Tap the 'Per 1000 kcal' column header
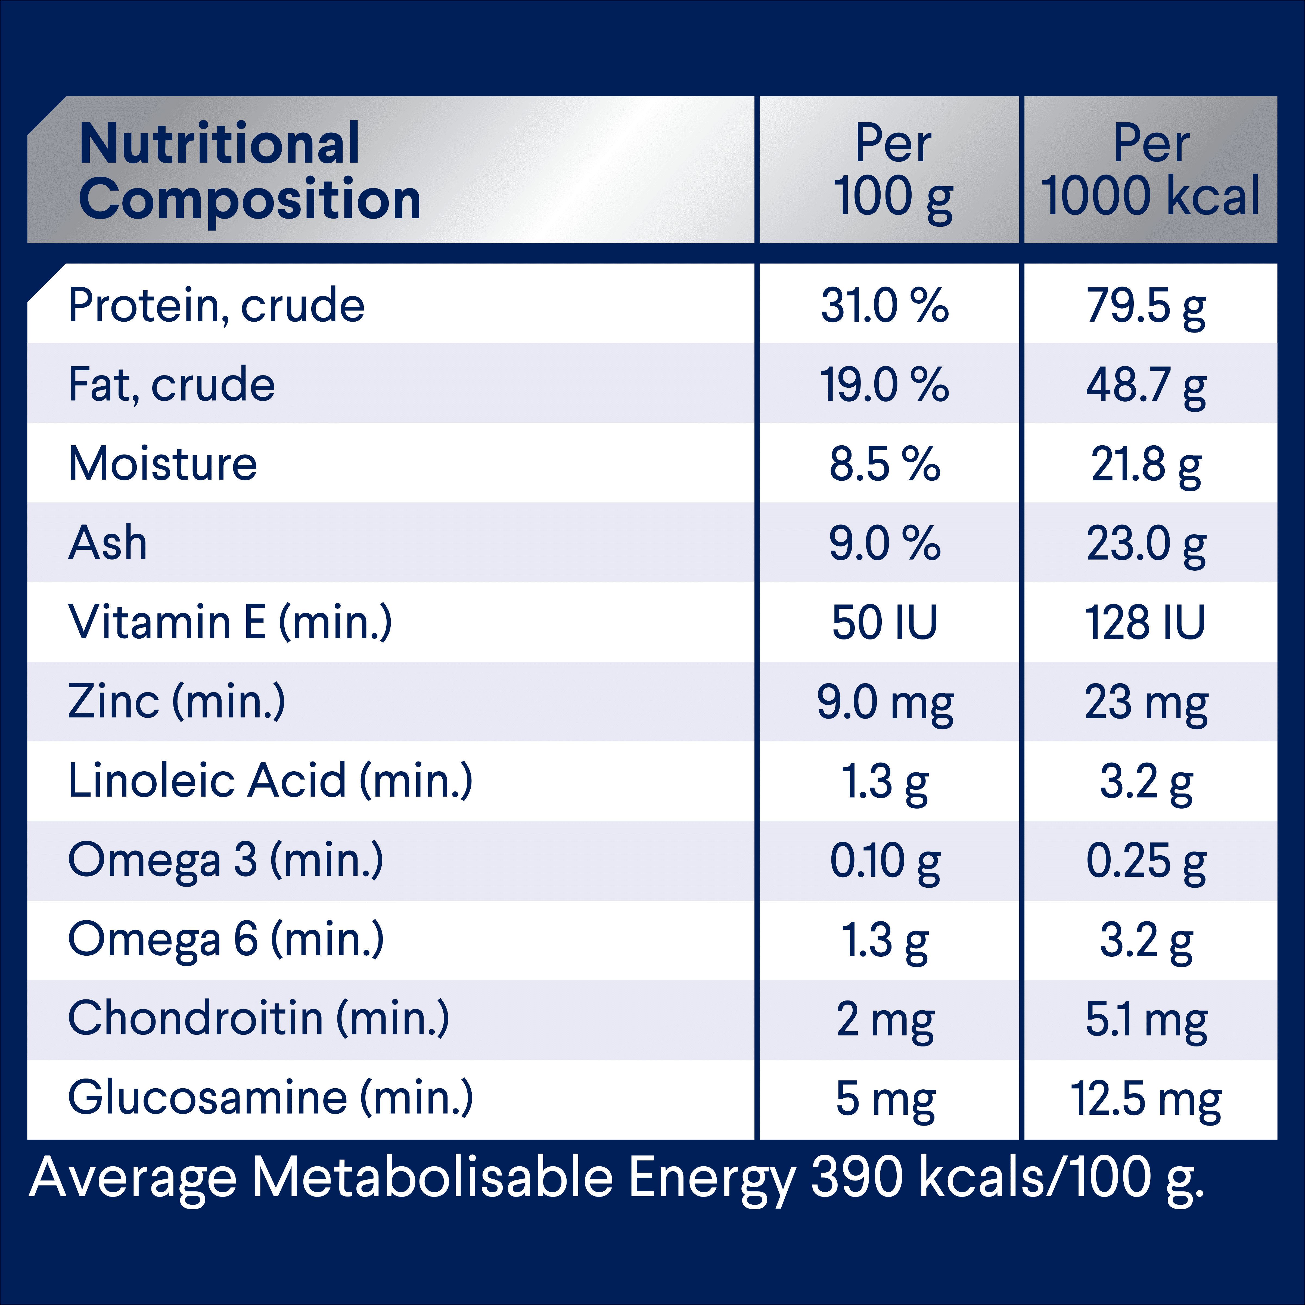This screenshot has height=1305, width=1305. (x=1150, y=170)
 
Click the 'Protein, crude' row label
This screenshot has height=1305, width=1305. (x=216, y=306)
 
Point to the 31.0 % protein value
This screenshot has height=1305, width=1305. (x=885, y=306)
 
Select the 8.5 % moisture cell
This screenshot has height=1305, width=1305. (x=885, y=465)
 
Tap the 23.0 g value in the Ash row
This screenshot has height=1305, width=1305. (x=1146, y=544)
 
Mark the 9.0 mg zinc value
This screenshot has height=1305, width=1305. (x=885, y=703)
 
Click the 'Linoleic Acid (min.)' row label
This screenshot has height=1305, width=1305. (x=270, y=782)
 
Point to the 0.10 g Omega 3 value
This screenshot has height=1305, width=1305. (x=885, y=861)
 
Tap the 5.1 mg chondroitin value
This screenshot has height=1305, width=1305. (x=1146, y=1020)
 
